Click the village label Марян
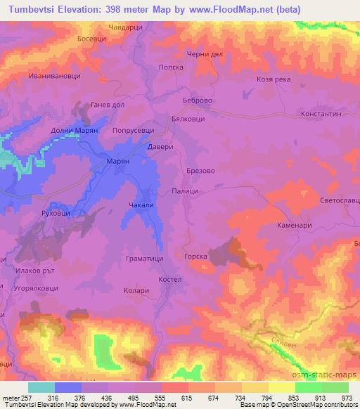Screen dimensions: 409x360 pyautogui.click(x=118, y=161)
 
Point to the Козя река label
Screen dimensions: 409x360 pyautogui.click(x=274, y=79)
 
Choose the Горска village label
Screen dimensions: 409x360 pyautogui.click(x=195, y=257)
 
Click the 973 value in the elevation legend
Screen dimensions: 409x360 pyautogui.click(x=345, y=397)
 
